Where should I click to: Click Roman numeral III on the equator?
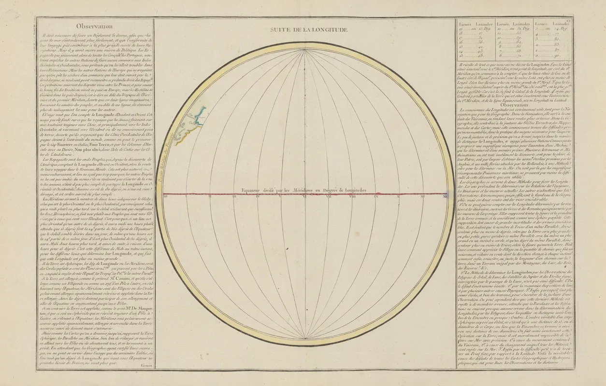pos(233,196)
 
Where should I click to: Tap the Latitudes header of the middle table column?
pos(521,23)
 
